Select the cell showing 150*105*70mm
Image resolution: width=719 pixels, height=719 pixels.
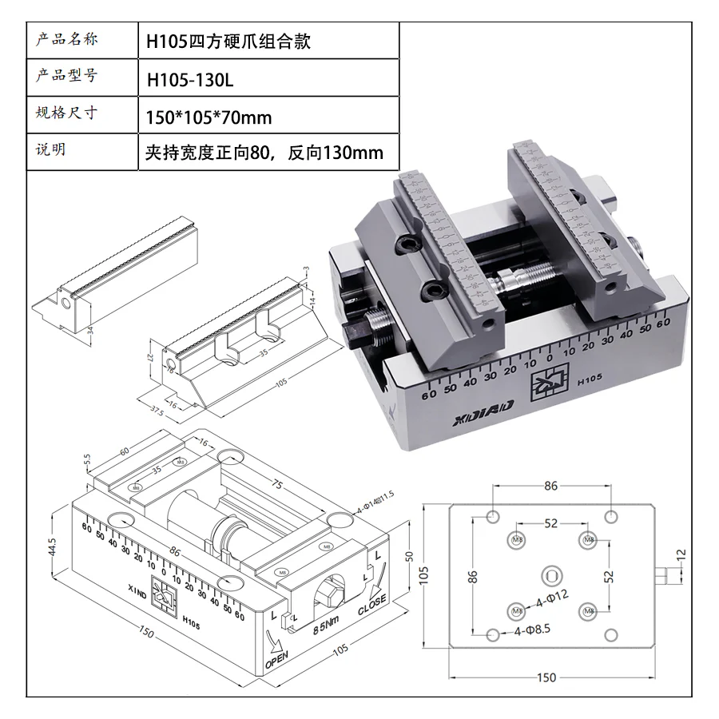(x=209, y=118)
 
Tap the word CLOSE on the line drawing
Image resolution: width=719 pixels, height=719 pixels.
(x=372, y=606)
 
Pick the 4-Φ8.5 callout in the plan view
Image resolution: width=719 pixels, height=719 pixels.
(x=532, y=631)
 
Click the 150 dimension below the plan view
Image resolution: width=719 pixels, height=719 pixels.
(x=546, y=677)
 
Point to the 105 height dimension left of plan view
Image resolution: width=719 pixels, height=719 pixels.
(x=427, y=574)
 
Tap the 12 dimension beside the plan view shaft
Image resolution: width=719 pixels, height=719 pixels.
(x=681, y=554)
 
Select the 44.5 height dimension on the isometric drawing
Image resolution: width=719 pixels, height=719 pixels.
(x=52, y=546)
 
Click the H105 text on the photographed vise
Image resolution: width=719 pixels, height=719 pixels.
(x=589, y=380)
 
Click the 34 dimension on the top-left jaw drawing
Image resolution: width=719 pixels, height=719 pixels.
(x=90, y=330)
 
